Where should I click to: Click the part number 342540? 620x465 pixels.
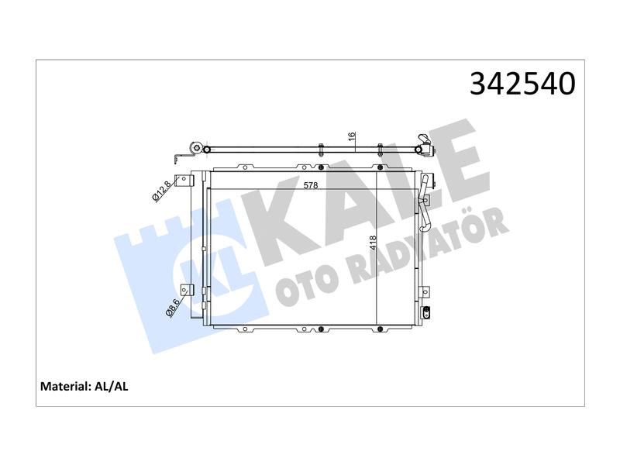(522, 84)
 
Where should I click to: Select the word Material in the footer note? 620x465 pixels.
(66, 386)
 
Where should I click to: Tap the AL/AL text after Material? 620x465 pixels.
(112, 386)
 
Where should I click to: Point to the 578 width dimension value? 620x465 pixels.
(311, 185)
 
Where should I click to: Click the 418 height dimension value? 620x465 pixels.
(373, 243)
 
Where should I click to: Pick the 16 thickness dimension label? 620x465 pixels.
(353, 137)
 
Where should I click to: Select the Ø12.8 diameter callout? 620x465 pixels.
(161, 191)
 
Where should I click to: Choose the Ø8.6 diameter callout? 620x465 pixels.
(173, 308)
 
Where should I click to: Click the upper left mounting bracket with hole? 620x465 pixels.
(185, 181)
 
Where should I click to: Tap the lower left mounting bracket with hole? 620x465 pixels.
(187, 290)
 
